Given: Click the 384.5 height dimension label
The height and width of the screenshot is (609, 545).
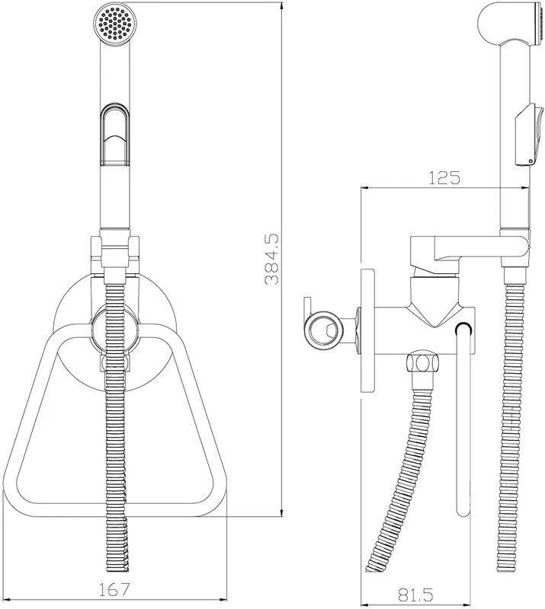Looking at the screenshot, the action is point(271,259).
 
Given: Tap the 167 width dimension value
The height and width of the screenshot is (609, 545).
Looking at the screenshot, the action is point(114,589).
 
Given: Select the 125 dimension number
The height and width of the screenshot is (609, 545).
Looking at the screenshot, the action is point(444,177).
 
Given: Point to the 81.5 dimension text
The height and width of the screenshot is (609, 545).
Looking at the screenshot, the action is point(415,595).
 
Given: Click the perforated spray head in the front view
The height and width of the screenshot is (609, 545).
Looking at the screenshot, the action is point(116,23).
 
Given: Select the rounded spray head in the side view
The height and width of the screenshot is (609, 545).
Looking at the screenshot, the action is point(511,23).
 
